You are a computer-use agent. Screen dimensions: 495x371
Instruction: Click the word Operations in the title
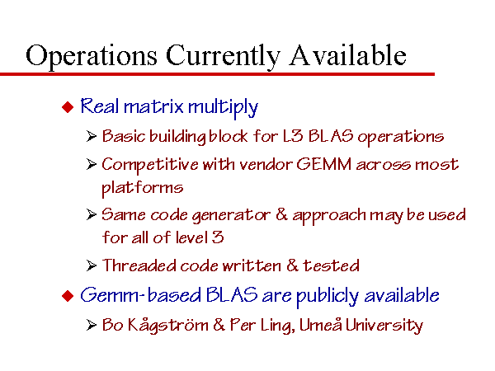coord(92,56)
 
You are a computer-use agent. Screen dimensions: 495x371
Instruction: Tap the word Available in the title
coord(347,55)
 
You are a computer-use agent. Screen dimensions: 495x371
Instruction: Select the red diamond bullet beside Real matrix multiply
coord(68,107)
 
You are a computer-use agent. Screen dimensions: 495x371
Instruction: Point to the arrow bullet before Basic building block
coord(91,136)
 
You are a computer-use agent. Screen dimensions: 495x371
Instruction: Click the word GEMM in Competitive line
coord(323,164)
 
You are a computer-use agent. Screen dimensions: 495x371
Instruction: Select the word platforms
coord(143,188)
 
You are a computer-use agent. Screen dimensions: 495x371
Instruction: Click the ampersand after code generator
coord(281,214)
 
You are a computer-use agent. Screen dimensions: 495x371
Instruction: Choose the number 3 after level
coord(218,237)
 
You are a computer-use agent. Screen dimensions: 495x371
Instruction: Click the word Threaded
coord(139,265)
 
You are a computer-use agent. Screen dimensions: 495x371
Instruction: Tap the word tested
coord(331,265)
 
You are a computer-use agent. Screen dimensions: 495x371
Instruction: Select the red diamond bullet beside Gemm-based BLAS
coord(68,296)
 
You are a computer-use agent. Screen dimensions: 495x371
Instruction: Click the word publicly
coord(328,296)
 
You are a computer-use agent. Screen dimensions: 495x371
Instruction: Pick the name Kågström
coord(168,326)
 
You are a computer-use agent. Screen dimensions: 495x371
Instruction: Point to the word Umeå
coord(320,324)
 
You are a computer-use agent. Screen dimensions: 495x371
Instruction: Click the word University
coord(384,326)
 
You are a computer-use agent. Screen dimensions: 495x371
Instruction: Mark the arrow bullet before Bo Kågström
coord(91,325)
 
